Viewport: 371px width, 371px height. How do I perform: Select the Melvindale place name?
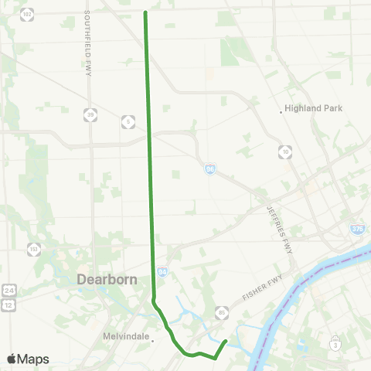(124, 337)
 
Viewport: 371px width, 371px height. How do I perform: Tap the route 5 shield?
(127, 121)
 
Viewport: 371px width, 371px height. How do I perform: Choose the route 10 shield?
(286, 152)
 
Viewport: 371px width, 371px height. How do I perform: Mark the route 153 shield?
(34, 249)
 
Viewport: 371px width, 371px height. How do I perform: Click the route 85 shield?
(221, 312)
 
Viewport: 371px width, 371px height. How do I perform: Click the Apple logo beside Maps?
(12, 359)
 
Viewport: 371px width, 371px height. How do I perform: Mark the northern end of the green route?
(145, 12)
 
